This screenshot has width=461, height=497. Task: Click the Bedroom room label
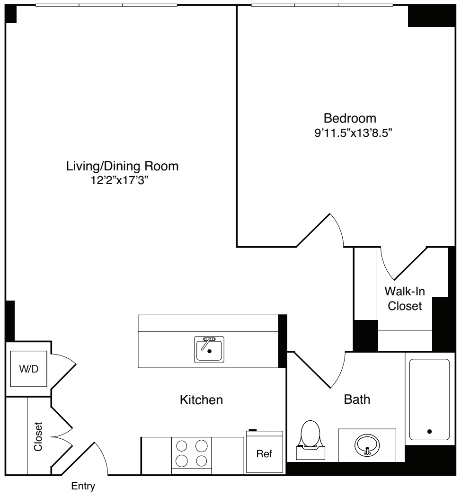(350, 117)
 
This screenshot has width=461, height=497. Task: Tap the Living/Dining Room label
(122, 166)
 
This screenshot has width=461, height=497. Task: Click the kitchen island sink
(209, 349)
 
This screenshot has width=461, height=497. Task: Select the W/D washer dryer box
(28, 369)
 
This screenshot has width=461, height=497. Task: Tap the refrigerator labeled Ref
(264, 453)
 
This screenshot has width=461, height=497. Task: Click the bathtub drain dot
(429, 431)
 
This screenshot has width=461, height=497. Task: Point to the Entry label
(83, 486)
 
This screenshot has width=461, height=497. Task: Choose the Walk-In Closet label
(404, 298)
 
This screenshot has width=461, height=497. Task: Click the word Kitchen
(201, 400)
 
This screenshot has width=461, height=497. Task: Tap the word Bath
(357, 400)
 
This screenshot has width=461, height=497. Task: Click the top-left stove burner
(182, 445)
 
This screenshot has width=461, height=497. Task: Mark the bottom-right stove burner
(201, 461)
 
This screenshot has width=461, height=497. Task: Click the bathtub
(429, 400)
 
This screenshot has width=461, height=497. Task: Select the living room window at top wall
(106, 6)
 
